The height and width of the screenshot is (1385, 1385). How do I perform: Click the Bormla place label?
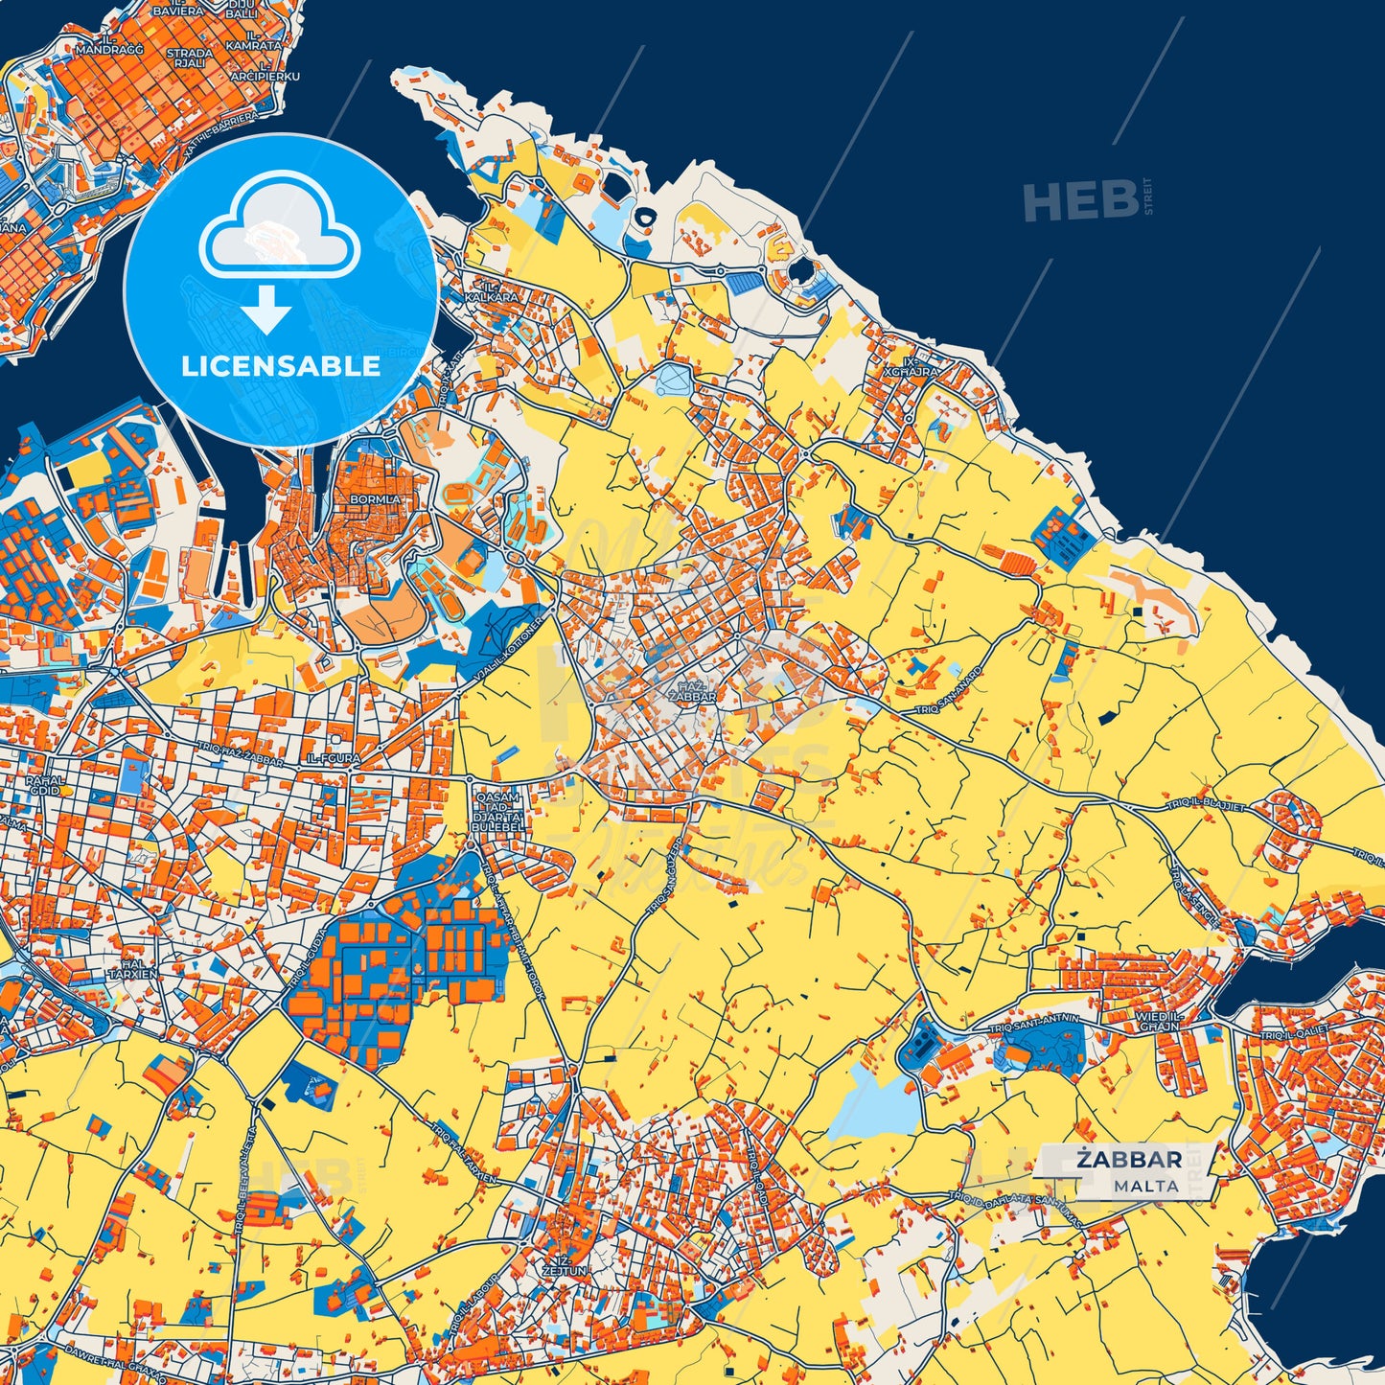376,499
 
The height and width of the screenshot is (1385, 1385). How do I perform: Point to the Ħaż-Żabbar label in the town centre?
692,692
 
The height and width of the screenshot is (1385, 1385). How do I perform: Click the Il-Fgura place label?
334,758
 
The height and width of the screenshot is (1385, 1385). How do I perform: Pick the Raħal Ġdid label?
44,784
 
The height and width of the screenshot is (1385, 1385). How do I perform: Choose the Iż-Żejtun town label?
566,1265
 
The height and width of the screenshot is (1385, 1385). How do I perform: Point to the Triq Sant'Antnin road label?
1033,1024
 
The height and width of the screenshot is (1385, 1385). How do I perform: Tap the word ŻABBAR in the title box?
1128,1160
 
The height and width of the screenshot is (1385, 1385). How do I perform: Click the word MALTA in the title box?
1145,1186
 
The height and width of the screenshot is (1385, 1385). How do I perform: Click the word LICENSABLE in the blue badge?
281,366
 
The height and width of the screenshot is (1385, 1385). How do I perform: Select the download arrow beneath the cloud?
266,311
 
